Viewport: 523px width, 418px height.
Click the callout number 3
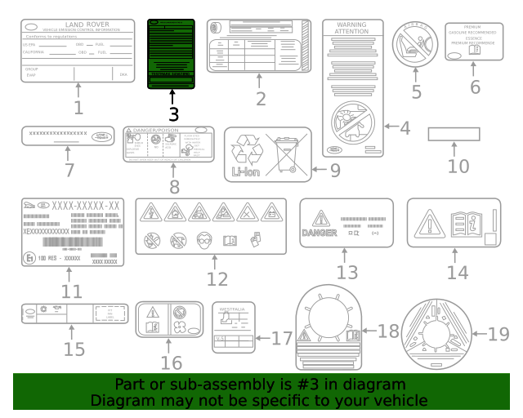pos(172,116)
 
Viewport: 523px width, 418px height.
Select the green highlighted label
pos(171,54)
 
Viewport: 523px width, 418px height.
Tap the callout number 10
pos(458,166)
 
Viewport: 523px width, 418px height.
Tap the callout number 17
pos(282,337)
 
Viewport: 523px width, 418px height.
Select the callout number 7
pos(69,171)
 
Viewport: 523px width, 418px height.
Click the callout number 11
pos(71,291)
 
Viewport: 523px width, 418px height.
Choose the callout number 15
pos(73,349)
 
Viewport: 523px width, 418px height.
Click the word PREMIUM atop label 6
pos(474,27)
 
